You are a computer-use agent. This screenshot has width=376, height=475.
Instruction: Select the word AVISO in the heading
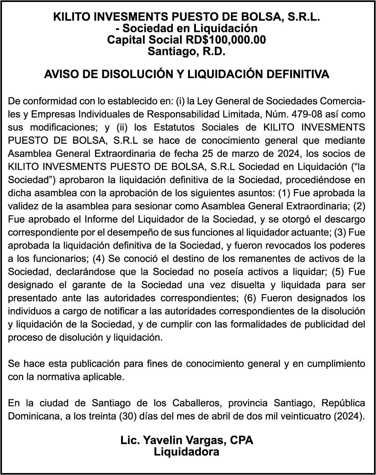(x=58, y=74)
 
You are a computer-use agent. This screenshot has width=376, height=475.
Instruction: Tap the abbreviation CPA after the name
(x=240, y=440)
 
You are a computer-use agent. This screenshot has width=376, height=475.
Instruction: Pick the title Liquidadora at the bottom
(x=186, y=452)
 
